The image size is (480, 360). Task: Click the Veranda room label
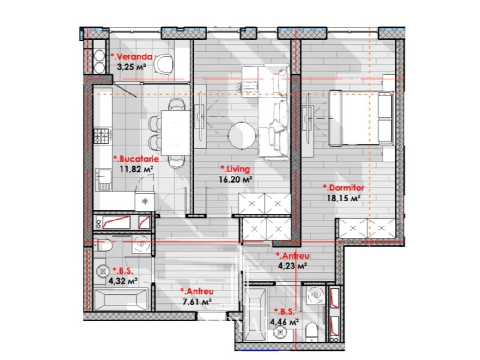[x=131, y=57]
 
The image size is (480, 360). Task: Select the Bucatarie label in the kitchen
[x=136, y=159]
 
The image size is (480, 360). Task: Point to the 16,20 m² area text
[x=236, y=179]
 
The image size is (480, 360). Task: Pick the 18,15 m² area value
[x=343, y=198]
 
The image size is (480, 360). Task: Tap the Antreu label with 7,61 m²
[x=197, y=292]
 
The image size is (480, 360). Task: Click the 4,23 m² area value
[x=292, y=266]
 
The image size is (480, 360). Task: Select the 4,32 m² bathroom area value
[x=123, y=281]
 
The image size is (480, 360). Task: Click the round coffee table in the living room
[x=242, y=135]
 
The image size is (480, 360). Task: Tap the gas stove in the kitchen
[x=101, y=136]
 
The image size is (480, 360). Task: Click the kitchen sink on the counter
[x=103, y=179]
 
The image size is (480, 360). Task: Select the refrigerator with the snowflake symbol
[x=145, y=201]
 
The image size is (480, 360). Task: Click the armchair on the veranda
[x=164, y=63]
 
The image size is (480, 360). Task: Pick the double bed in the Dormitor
[x=361, y=118]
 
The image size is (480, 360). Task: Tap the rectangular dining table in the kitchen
[x=176, y=133]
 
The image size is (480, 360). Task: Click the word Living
[x=236, y=169]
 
